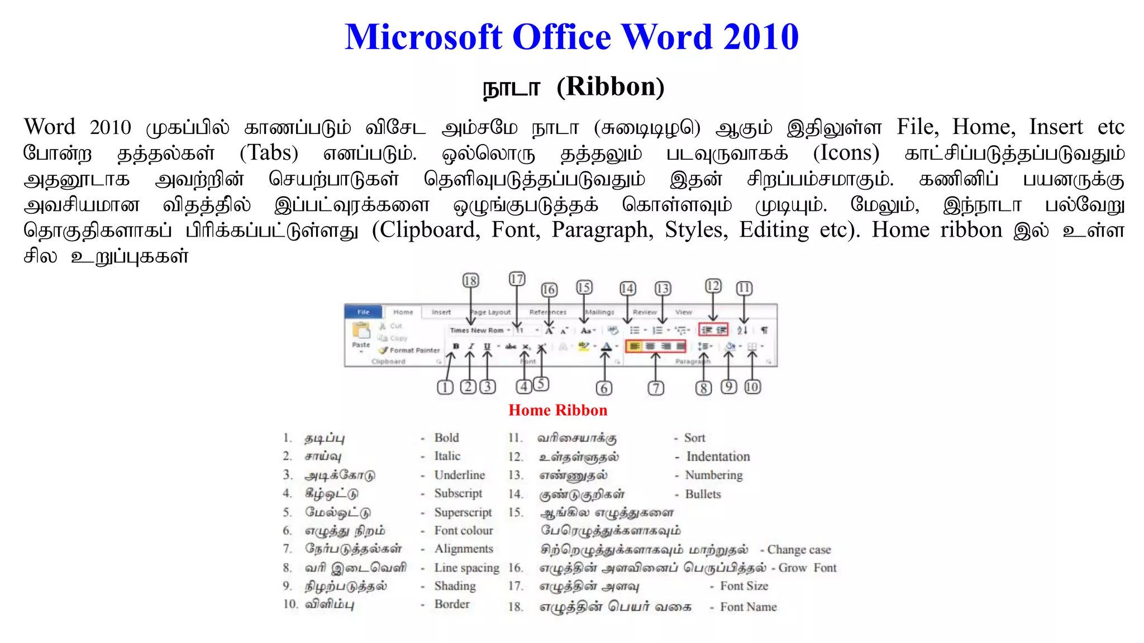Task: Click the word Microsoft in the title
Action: (423, 37)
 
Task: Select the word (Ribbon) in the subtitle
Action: (611, 87)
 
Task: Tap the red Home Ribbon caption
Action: (557, 410)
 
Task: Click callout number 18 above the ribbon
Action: (470, 280)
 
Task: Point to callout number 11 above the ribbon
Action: (743, 288)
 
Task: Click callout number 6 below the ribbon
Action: (603, 388)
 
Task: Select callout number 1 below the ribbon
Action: (445, 387)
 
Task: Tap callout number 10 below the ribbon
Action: (752, 386)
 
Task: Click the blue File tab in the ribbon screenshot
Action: (363, 312)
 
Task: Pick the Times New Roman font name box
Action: (478, 330)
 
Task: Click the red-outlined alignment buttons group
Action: (656, 346)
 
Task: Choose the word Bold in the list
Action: (446, 438)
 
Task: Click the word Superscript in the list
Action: (463, 512)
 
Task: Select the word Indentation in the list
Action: (718, 457)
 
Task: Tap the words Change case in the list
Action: (799, 550)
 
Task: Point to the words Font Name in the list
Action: (748, 607)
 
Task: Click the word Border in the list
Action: (452, 604)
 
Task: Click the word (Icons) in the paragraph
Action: (846, 153)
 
